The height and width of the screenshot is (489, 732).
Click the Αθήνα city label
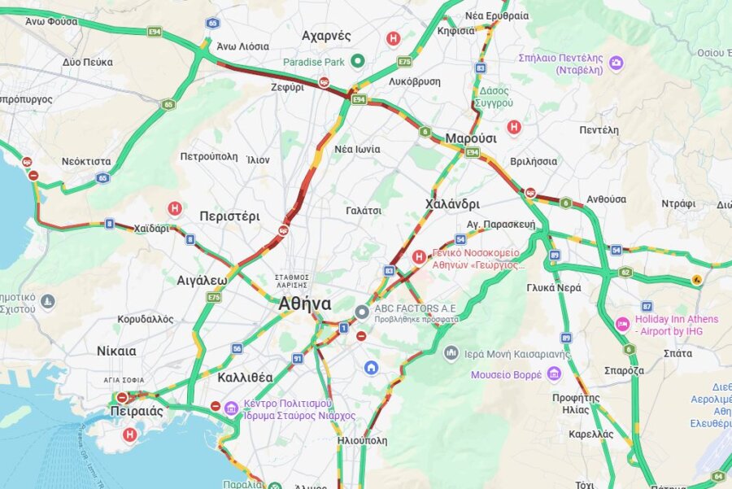coord(304,304)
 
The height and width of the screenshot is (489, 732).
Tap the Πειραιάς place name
coord(136,411)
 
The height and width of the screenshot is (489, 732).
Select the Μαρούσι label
coord(470,138)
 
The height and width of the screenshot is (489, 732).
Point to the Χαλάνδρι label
coord(452,203)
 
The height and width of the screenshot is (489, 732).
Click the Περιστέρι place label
coord(229,216)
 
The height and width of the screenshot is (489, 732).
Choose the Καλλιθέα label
coord(245,378)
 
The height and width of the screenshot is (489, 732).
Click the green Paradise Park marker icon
coord(358,62)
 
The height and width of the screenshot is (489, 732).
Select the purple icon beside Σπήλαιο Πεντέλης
coord(617,63)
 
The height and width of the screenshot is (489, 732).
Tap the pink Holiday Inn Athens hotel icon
coord(622,324)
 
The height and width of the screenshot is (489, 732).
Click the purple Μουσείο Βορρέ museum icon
coord(554,373)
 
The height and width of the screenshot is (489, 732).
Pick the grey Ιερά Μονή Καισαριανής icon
coord(451,352)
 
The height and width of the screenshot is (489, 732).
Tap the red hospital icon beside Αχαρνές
coord(394,38)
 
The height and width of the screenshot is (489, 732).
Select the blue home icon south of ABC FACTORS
coord(371,368)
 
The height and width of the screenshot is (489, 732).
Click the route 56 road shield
coord(237,348)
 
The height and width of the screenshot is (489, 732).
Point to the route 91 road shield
coord(298,359)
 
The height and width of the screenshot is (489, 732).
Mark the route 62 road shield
coord(625,273)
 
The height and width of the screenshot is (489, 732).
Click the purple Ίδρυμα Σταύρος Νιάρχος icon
coord(232,408)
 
